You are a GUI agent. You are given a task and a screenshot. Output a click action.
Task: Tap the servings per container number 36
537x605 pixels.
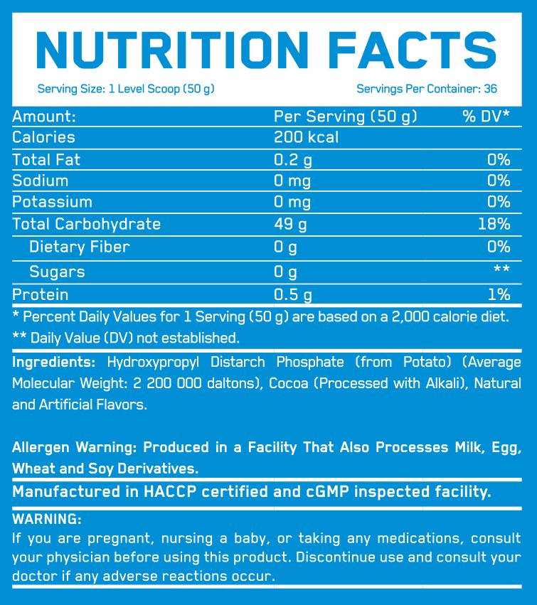click(489, 89)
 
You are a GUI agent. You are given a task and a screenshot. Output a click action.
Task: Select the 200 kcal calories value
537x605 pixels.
click(306, 137)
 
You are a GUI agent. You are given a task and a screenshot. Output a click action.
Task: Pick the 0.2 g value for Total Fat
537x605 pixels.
click(293, 159)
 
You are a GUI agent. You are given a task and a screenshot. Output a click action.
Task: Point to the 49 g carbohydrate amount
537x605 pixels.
click(290, 224)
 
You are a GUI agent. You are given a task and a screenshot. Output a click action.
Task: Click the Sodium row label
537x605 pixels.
click(41, 181)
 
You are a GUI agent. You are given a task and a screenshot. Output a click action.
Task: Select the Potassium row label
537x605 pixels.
click(52, 202)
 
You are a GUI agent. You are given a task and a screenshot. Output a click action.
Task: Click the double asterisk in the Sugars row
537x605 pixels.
click(502, 271)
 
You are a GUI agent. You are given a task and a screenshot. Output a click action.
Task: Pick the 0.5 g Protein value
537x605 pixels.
click(293, 294)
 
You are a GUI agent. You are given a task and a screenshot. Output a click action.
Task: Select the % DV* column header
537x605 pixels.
click(486, 116)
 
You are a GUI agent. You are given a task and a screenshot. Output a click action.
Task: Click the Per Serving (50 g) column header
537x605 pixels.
click(346, 116)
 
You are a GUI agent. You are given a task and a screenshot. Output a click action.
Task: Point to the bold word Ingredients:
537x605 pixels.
click(55, 361)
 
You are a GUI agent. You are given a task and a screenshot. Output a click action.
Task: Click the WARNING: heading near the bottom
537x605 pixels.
click(47, 519)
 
